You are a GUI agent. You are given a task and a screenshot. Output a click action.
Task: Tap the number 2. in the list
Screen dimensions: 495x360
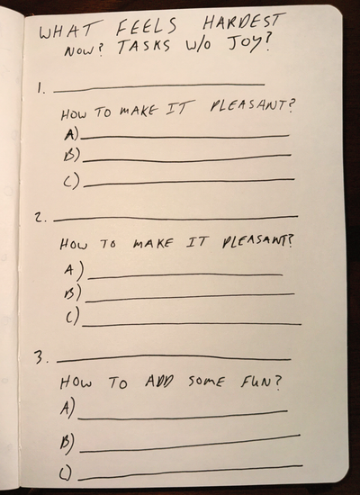41,218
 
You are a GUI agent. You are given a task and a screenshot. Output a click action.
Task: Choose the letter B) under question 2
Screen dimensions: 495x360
73,293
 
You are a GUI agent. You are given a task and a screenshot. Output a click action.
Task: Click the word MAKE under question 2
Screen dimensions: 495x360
151,243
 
